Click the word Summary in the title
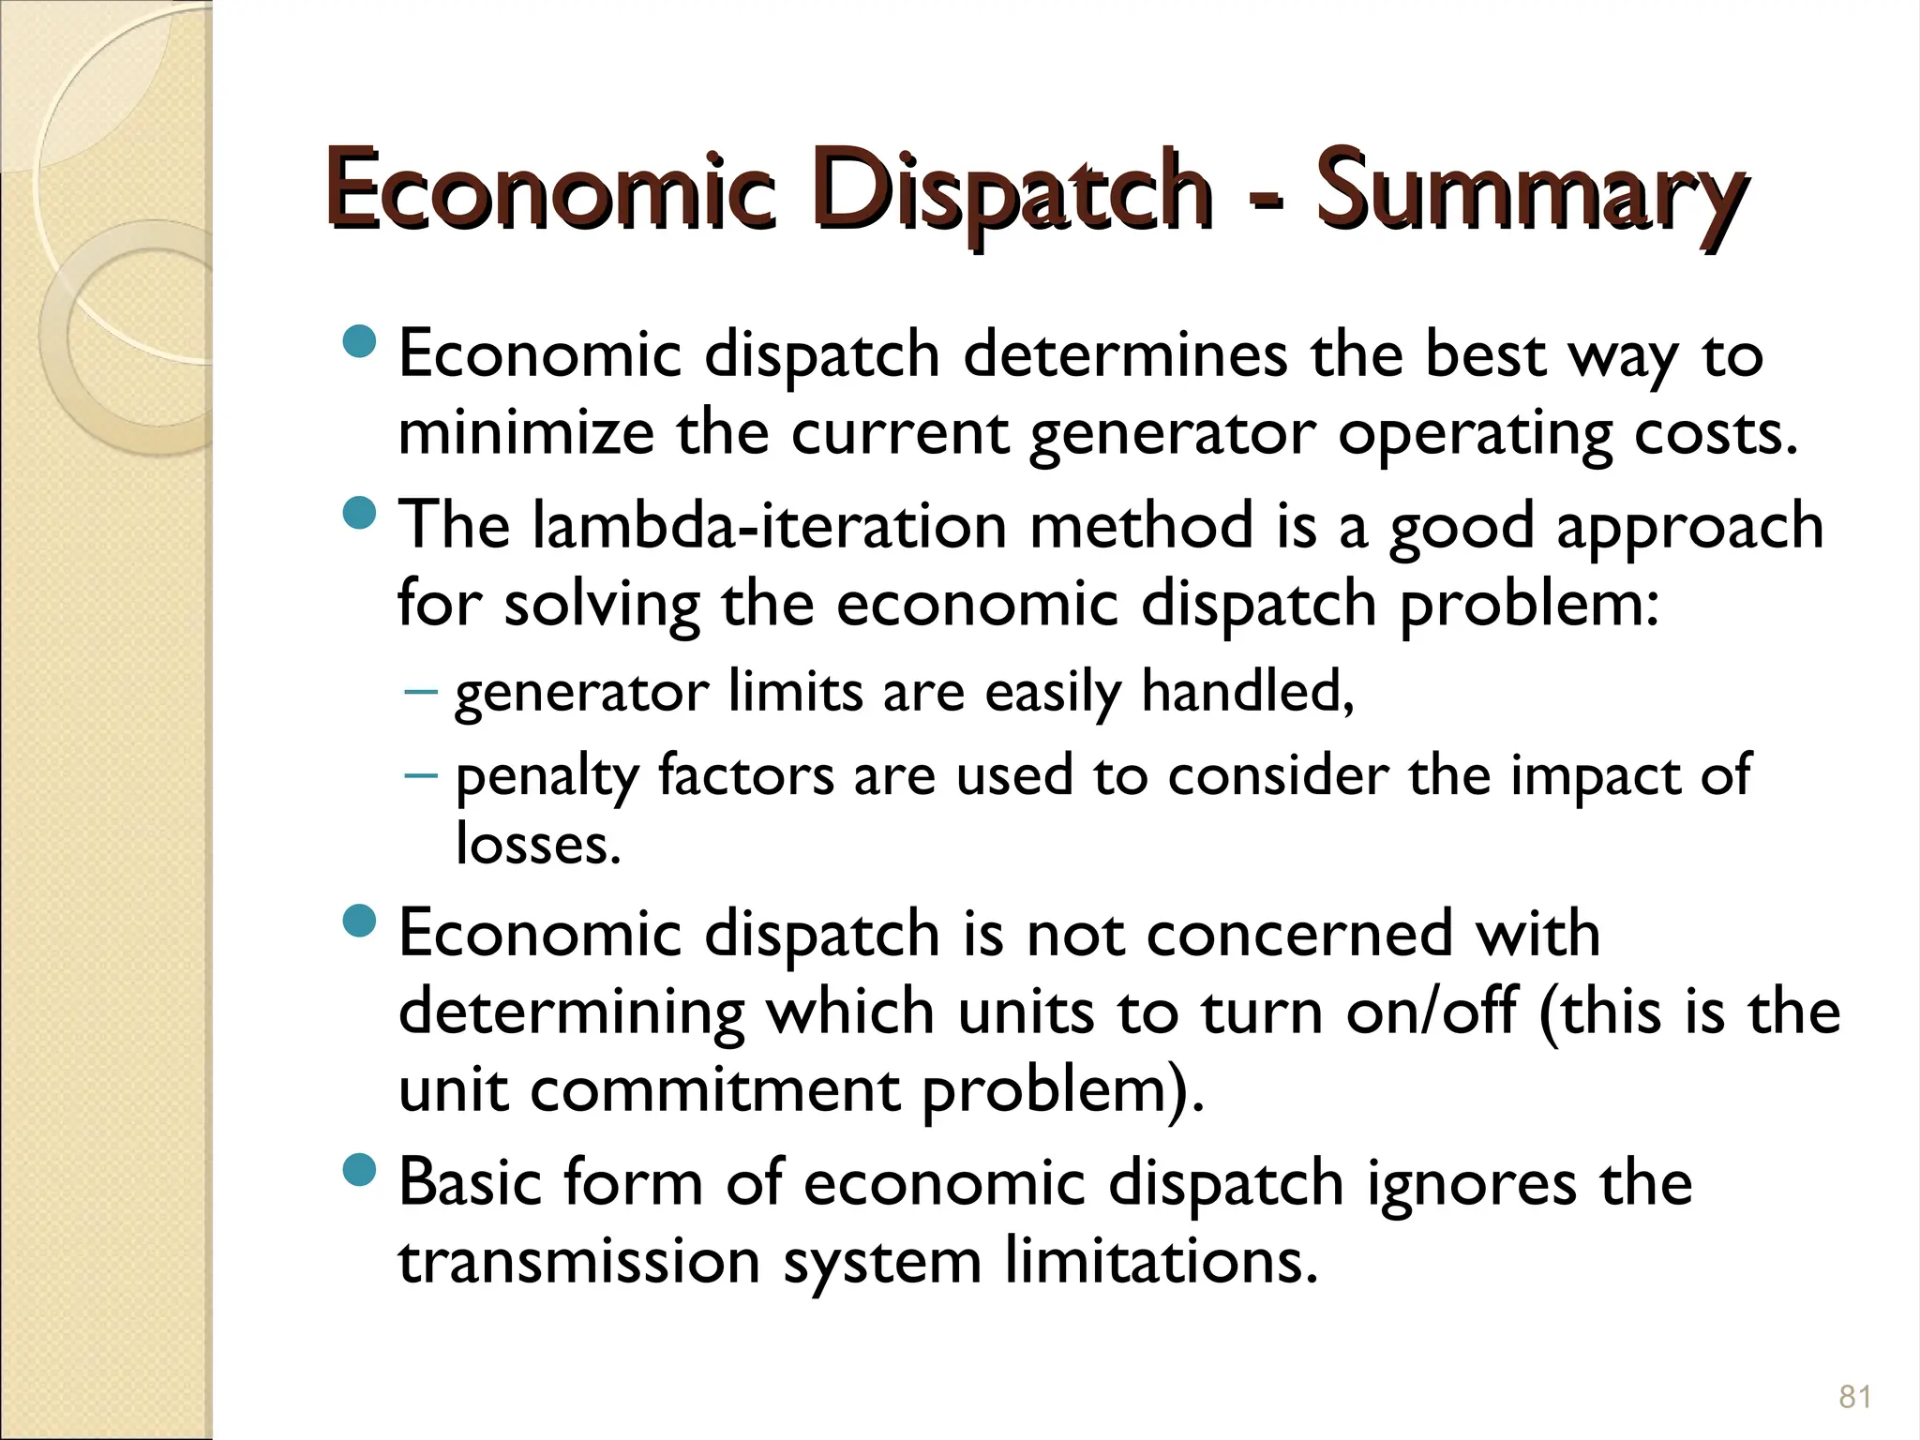[x=1530, y=192]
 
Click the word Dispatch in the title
[x=1010, y=192]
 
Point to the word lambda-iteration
[x=770, y=525]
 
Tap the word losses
[x=538, y=844]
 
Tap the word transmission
[x=578, y=1261]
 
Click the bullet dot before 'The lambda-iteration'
[x=358, y=513]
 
